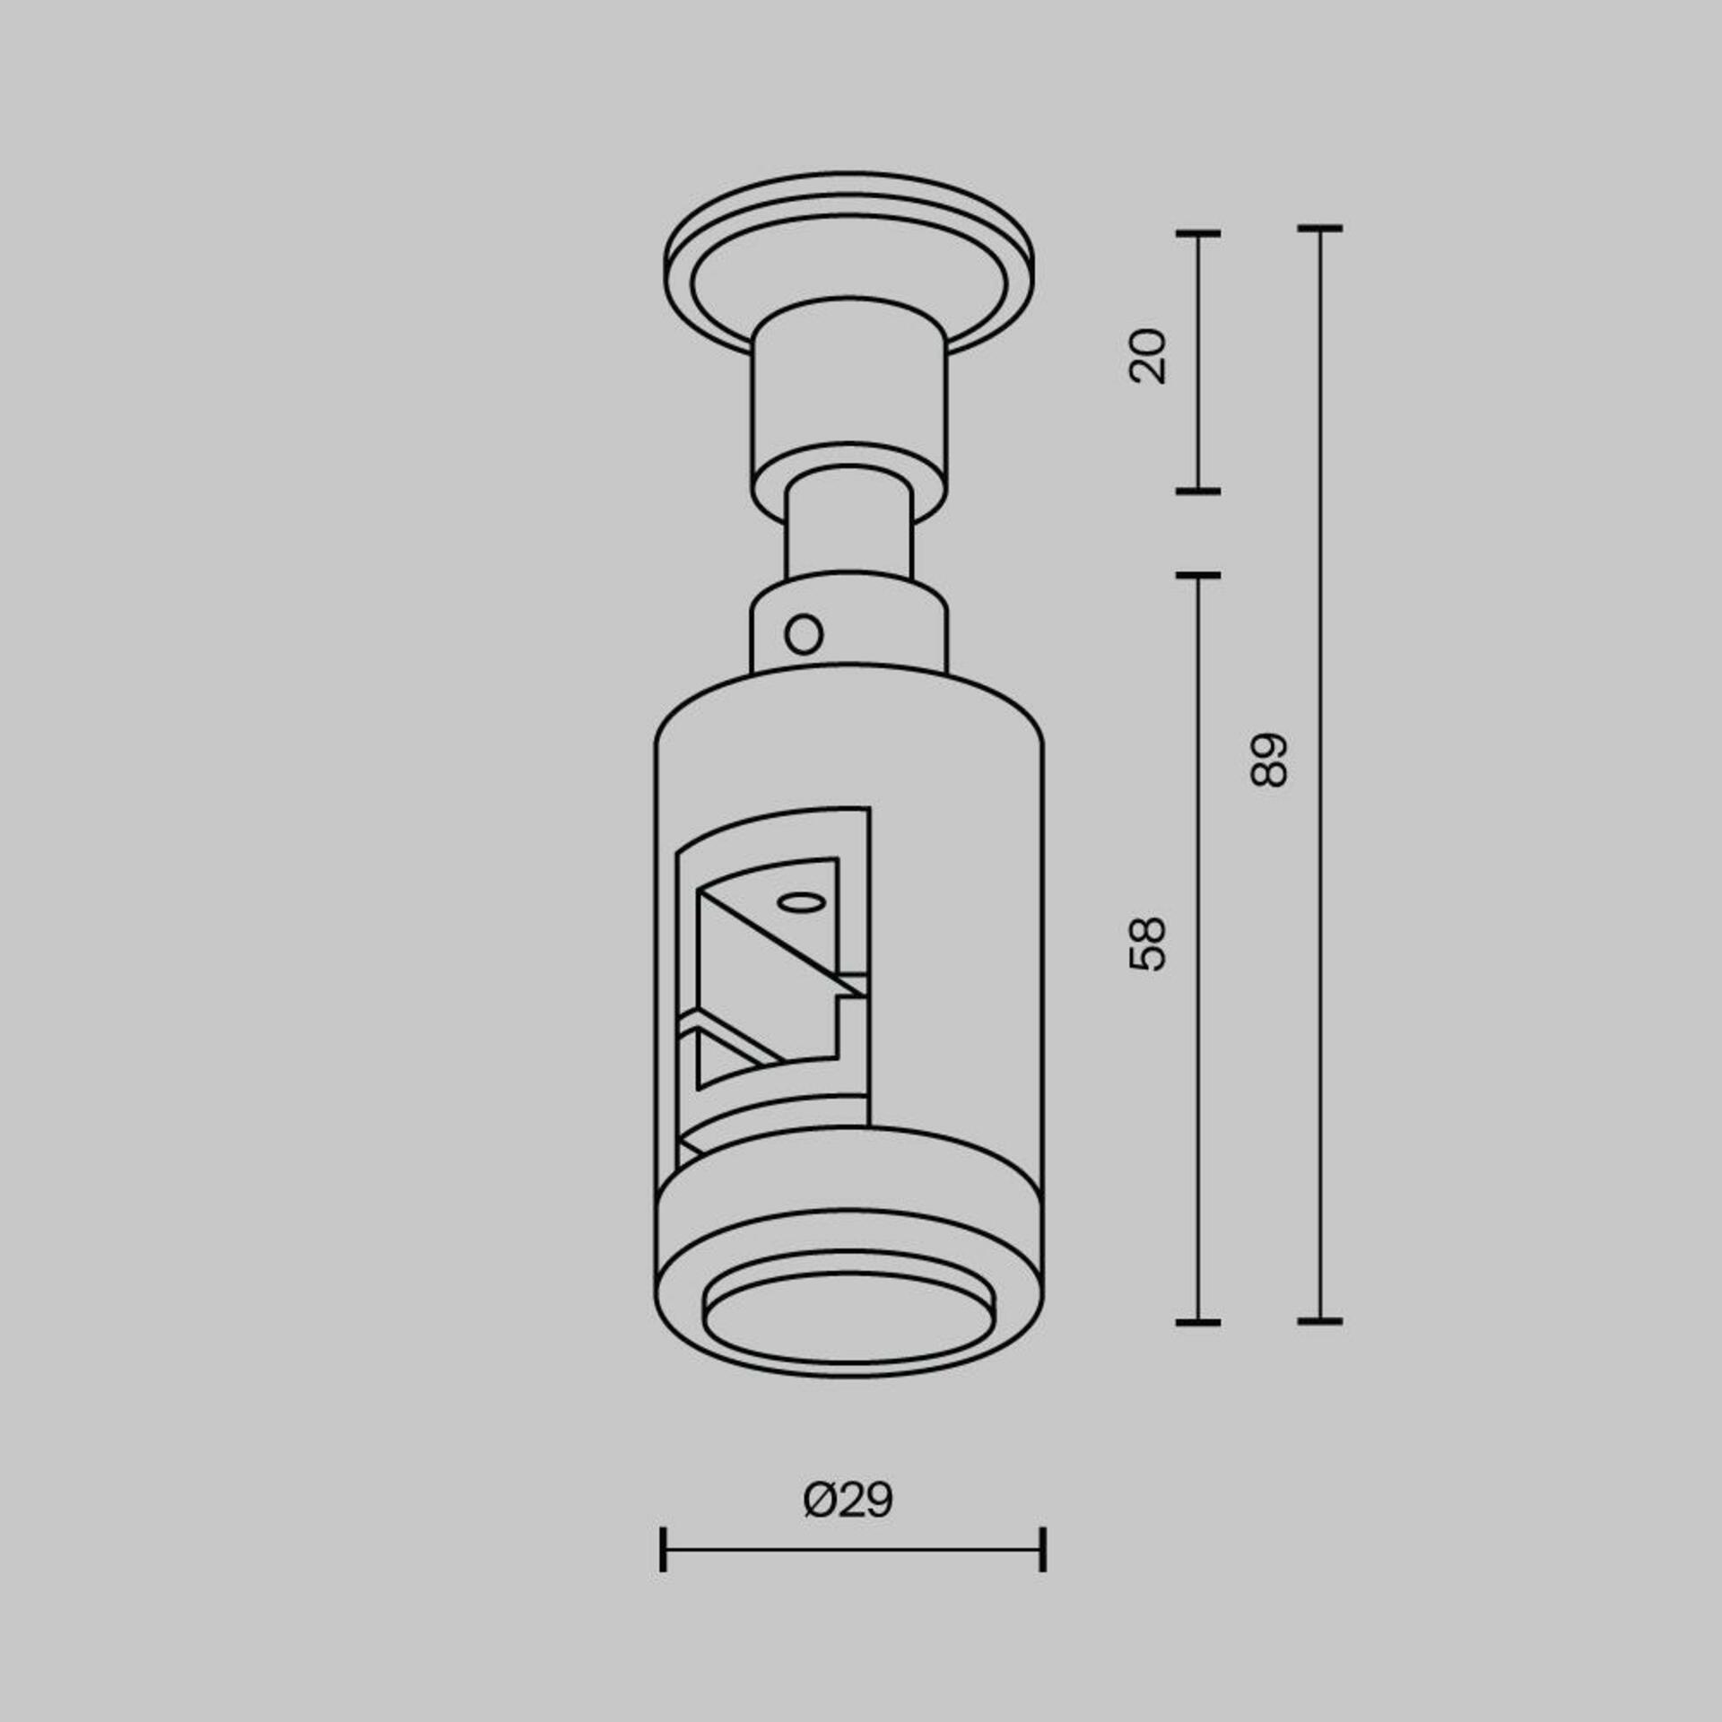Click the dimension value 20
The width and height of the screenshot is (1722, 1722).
tap(1148, 357)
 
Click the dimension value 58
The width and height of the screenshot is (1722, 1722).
tap(1148, 944)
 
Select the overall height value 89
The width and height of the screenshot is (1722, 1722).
tap(1269, 761)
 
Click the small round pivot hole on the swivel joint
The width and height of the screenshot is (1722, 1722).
tap(804, 635)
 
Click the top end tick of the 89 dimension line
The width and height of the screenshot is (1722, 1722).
tap(1319, 230)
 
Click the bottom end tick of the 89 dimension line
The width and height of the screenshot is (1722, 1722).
tap(1319, 1321)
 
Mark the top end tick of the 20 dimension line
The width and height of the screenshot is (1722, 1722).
tap(1198, 234)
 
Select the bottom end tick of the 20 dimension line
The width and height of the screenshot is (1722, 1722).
tap(1198, 491)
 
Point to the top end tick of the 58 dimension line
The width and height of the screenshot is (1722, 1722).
tap(1198, 575)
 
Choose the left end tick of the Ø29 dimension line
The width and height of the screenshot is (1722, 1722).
tap(663, 1549)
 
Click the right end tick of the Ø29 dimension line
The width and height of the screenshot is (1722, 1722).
tap(1043, 1549)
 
